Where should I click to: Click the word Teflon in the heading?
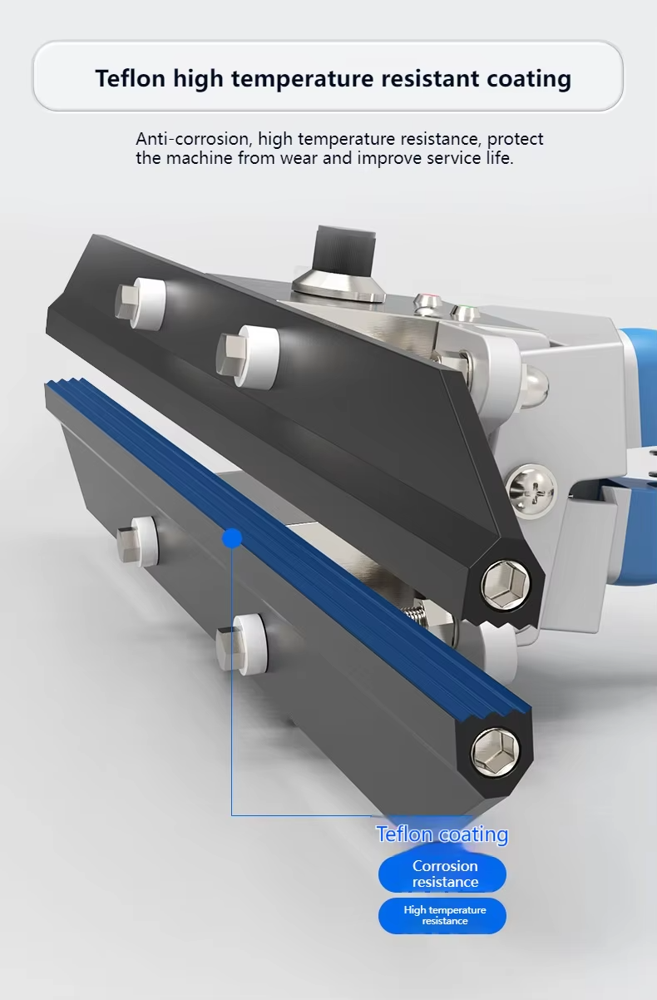point(131,78)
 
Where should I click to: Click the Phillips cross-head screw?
point(531,492)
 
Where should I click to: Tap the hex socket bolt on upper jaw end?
point(506,584)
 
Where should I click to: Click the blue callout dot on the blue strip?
point(232,538)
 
